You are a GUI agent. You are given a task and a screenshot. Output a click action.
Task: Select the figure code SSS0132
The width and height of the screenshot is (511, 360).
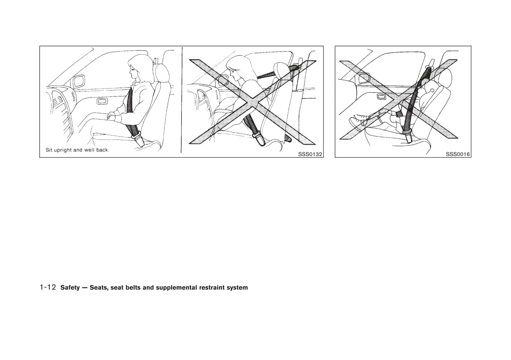pyautogui.click(x=310, y=154)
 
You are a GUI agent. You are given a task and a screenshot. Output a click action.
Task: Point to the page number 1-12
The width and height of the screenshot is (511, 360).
pyautogui.click(x=48, y=287)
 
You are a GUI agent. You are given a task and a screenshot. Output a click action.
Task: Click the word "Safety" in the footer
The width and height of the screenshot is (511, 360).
pyautogui.click(x=70, y=288)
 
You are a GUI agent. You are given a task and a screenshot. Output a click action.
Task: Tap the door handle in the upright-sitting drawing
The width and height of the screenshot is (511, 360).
pyautogui.click(x=102, y=101)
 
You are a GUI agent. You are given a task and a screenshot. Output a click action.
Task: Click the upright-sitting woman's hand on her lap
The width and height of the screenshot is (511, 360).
pyautogui.click(x=112, y=116)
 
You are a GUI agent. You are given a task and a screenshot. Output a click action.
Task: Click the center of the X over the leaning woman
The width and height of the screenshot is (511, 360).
pyautogui.click(x=252, y=102)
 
